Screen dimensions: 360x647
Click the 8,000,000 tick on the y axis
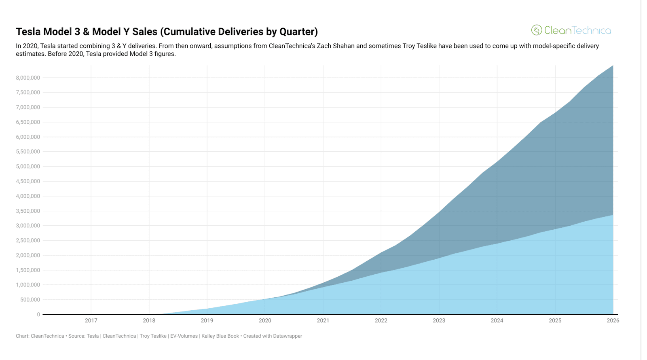click(x=28, y=78)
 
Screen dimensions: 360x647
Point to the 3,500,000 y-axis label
click(x=28, y=211)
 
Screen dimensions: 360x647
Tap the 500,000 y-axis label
click(x=30, y=300)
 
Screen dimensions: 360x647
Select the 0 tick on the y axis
click(x=38, y=314)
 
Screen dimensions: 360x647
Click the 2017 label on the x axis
click(x=91, y=320)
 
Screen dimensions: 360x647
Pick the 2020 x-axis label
click(x=265, y=320)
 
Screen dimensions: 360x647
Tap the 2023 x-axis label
click(x=439, y=320)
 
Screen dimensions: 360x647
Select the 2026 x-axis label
click(x=613, y=320)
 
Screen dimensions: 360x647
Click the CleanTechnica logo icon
click(x=537, y=30)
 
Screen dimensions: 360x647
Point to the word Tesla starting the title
click(x=28, y=32)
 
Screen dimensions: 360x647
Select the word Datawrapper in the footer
click(x=288, y=336)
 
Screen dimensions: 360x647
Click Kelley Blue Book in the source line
click(x=220, y=336)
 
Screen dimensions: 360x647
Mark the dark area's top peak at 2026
click(x=613, y=66)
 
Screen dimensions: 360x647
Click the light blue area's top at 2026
click(x=613, y=215)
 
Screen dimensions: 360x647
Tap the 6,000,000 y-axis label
click(x=28, y=137)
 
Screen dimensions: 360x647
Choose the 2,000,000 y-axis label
click(x=28, y=255)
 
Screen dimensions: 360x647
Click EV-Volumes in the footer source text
click(x=184, y=336)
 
